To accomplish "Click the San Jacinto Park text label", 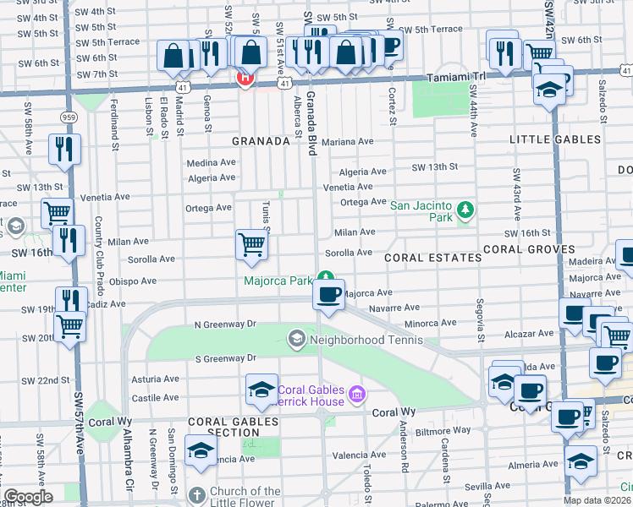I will coord(421,205).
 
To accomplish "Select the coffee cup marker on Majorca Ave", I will coord(328,295).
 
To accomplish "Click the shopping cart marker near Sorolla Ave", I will coord(251,244).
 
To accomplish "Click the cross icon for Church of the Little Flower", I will coord(196,495).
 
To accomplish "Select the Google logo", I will coord(28,497).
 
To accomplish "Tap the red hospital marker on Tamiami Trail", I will coord(245,79).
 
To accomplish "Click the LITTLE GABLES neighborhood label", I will coord(554,139).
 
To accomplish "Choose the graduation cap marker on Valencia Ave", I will coord(201,450).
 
